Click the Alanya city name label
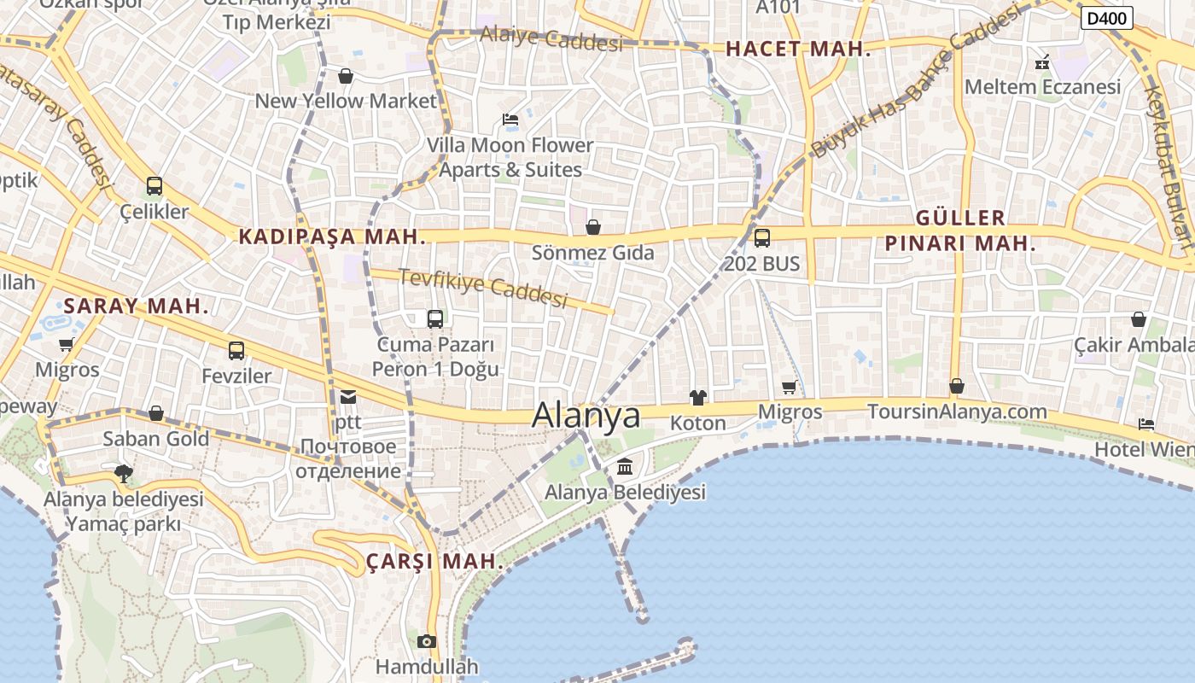coord(586,415)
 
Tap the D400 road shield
coord(1106,18)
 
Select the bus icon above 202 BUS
coord(762,238)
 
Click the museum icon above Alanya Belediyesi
coord(625,467)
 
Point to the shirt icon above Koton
coord(698,397)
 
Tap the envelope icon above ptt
coord(348,396)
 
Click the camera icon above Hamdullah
coord(427,641)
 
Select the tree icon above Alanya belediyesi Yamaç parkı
coord(124,473)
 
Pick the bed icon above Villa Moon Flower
coord(510,120)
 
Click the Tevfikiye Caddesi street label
coord(483,287)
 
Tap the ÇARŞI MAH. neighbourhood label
coord(434,562)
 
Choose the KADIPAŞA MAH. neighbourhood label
coord(332,236)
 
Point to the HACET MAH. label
coord(798,50)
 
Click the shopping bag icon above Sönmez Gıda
coord(593,227)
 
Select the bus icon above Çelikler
coord(154,186)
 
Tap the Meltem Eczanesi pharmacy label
coord(1042,87)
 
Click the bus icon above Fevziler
coord(236,351)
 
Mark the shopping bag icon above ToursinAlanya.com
coord(957,386)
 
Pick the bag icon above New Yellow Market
coord(346,76)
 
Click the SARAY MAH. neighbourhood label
coord(137,306)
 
